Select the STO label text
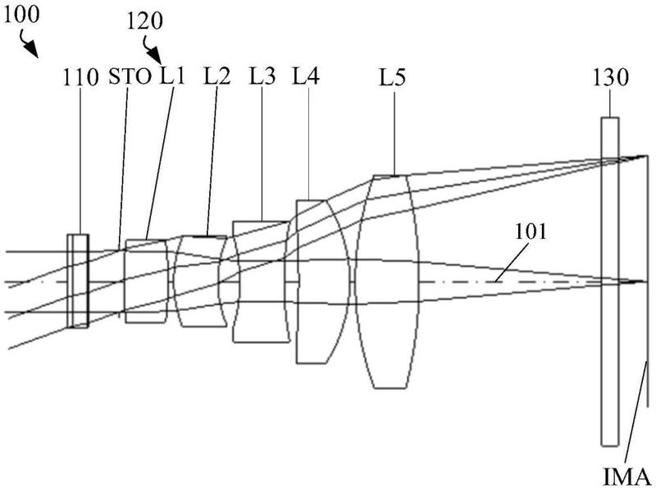(x=130, y=78)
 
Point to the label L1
(x=173, y=78)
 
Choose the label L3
(x=262, y=78)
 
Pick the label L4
(x=307, y=78)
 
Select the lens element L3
(x=262, y=282)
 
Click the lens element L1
(x=146, y=282)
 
